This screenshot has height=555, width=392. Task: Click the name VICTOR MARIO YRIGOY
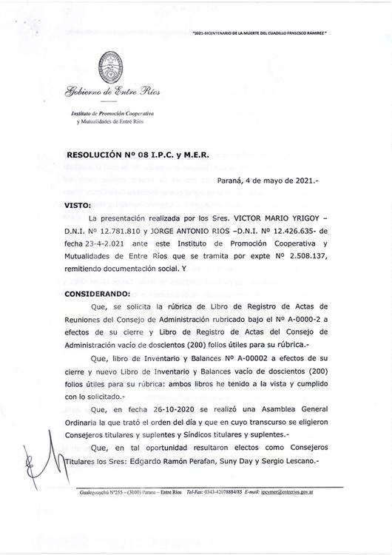click(x=275, y=219)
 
